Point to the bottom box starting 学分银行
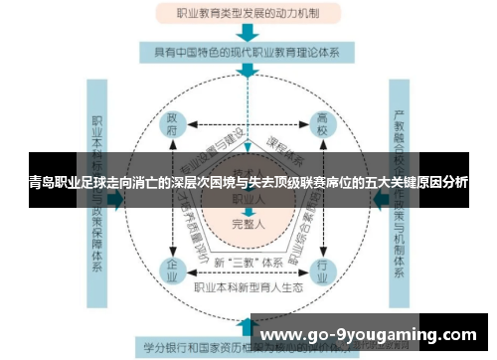pos(199,349)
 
